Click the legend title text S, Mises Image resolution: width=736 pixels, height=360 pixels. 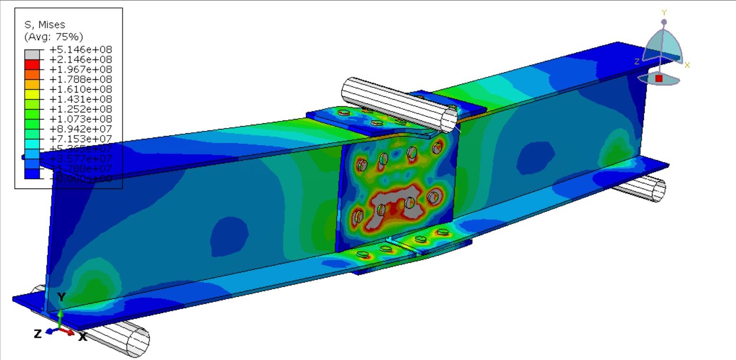click(x=44, y=25)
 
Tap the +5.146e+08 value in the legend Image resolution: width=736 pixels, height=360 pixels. click(x=80, y=49)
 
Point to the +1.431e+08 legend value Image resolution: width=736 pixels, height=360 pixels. click(x=80, y=99)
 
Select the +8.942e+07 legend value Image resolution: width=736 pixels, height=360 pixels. click(x=80, y=129)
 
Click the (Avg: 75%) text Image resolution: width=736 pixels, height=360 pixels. click(x=53, y=36)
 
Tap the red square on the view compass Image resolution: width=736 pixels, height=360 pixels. click(x=659, y=78)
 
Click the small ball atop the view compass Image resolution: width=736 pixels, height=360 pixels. click(x=664, y=22)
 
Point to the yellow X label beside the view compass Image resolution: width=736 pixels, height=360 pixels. click(x=687, y=65)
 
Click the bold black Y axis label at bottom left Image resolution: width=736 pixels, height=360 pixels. click(x=61, y=297)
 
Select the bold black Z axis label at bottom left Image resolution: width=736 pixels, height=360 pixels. click(x=38, y=334)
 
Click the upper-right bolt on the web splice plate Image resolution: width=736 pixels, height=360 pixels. click(x=436, y=148)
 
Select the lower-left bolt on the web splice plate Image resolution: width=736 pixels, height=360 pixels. click(x=358, y=216)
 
